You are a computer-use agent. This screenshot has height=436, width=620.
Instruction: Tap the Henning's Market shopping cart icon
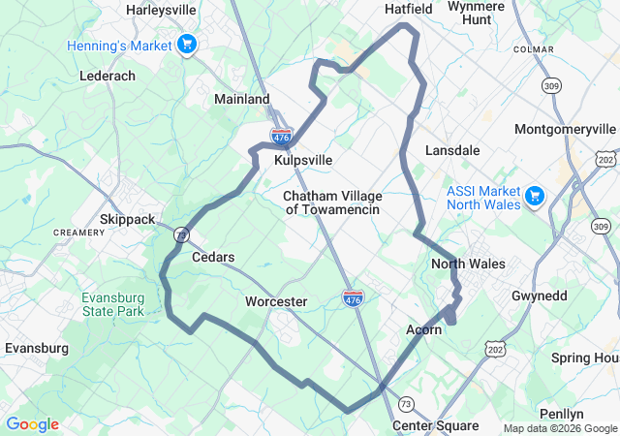(188, 45)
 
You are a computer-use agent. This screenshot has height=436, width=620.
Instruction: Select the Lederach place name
(108, 75)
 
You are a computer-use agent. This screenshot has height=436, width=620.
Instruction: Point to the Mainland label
(241, 99)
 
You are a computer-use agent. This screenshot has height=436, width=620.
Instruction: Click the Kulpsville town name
(303, 160)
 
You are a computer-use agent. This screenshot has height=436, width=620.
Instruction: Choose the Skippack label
(127, 219)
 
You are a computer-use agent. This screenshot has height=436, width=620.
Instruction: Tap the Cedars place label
(213, 257)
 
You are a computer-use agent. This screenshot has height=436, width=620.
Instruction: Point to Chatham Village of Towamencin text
(332, 202)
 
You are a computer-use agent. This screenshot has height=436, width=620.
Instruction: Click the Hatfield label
(408, 8)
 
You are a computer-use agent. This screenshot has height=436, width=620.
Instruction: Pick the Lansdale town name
(452, 150)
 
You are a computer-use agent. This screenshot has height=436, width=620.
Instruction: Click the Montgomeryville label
(565, 129)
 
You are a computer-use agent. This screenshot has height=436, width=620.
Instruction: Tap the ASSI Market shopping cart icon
(534, 197)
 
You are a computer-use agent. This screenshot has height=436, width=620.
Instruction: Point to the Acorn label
(423, 329)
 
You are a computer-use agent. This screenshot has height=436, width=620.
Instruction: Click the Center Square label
(435, 425)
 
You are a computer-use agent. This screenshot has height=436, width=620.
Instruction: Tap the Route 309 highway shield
(551, 86)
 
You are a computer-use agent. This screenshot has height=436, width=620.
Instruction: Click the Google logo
(32, 424)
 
